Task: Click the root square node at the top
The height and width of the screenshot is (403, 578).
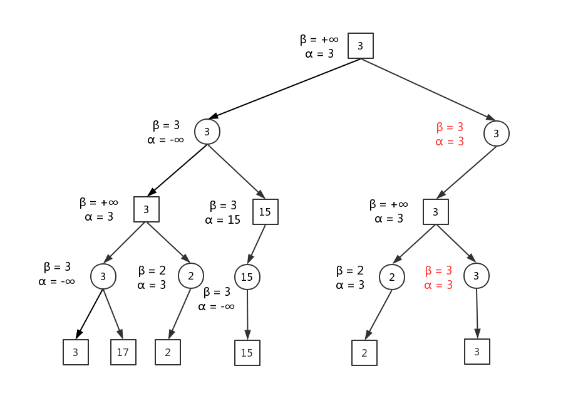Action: (360, 46)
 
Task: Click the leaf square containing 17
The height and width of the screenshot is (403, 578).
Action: (123, 352)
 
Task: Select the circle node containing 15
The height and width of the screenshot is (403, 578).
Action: (247, 276)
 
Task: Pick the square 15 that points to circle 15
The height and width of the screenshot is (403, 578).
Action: (265, 212)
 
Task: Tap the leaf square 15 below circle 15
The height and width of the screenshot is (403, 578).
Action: (247, 353)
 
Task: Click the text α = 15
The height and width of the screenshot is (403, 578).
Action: (222, 220)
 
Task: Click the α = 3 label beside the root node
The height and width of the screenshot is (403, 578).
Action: (319, 54)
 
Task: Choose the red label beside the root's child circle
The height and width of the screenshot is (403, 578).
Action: (450, 134)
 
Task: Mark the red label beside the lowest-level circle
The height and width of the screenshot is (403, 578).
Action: (438, 278)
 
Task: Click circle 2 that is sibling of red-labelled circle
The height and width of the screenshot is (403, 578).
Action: (391, 276)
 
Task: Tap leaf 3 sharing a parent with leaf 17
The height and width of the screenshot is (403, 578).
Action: (75, 352)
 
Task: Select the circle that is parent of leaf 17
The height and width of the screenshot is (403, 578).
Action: (103, 276)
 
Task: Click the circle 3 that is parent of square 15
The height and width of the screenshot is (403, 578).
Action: (207, 132)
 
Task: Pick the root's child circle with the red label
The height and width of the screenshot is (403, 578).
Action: (496, 133)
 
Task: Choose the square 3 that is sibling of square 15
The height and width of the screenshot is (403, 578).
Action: (146, 209)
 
